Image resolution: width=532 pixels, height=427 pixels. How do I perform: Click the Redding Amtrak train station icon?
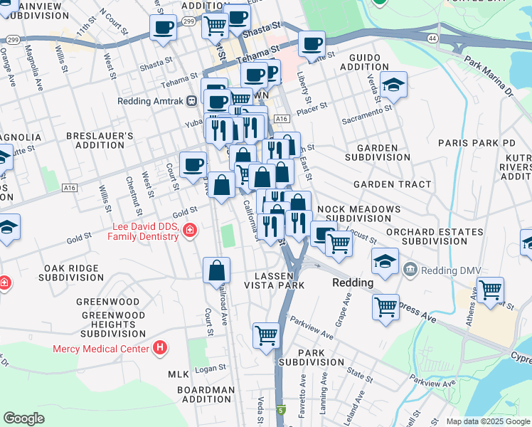click(192, 101)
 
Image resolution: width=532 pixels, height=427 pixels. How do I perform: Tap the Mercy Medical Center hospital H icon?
click(160, 348)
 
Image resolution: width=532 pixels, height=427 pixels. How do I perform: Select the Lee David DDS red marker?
click(189, 230)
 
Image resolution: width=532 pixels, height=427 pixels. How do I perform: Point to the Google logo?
click(23, 418)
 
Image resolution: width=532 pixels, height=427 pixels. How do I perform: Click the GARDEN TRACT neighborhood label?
click(392, 184)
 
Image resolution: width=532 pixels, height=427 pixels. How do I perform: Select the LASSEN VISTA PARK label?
click(275, 280)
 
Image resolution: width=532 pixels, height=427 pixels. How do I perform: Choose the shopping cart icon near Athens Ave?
click(491, 290)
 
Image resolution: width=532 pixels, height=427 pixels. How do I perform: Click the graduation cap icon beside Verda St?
click(393, 85)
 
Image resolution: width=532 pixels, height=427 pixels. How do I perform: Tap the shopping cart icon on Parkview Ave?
click(266, 334)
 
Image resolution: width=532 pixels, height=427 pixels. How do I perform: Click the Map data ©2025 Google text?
click(487, 421)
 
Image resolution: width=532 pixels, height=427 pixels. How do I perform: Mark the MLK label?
click(178, 374)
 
